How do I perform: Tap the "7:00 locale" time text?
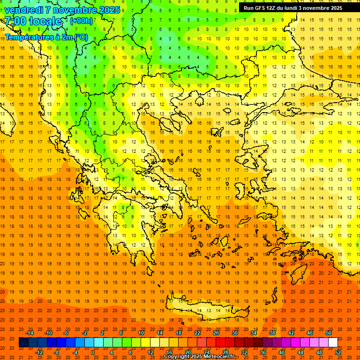pos(33,21)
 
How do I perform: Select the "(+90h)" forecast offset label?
pos(81,21)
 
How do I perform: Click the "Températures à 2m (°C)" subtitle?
pos(46,37)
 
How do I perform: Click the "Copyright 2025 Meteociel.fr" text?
pos(199,357)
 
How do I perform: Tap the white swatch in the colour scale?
pos(333,343)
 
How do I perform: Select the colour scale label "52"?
pos(338,352)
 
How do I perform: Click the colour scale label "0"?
pos(93,352)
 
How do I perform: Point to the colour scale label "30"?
pos(234,333)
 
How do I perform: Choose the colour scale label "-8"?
pos(57,352)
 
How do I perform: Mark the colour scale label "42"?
pos(291,333)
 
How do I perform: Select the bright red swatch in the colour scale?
pos(220,343)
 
